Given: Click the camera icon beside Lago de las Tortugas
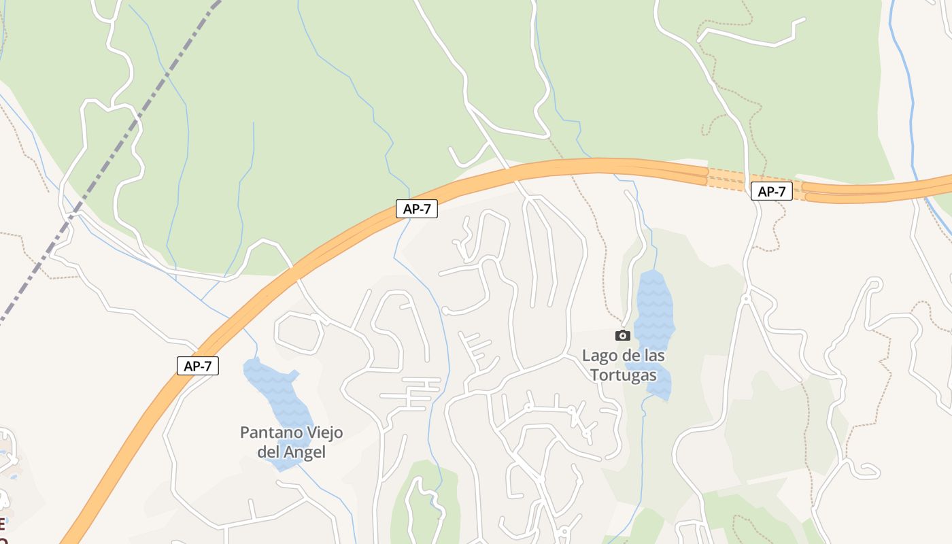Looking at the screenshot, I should tap(622, 335).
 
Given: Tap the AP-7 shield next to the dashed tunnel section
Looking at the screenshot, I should tap(772, 192).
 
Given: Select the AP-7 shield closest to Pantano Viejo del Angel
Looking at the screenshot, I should tap(198, 366).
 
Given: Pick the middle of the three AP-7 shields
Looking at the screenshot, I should tap(417, 209).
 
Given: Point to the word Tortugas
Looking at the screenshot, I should tap(624, 375).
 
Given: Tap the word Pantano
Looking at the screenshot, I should tap(270, 432).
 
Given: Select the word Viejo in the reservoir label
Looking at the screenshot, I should tap(323, 432).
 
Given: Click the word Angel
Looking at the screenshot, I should tap(305, 452).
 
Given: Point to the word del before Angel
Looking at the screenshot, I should tap(269, 452).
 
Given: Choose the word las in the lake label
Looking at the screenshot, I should tap(653, 356).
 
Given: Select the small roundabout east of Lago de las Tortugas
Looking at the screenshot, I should tap(746, 298).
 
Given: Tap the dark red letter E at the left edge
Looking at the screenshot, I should tap(2, 524).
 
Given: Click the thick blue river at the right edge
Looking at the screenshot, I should tap(910, 102).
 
